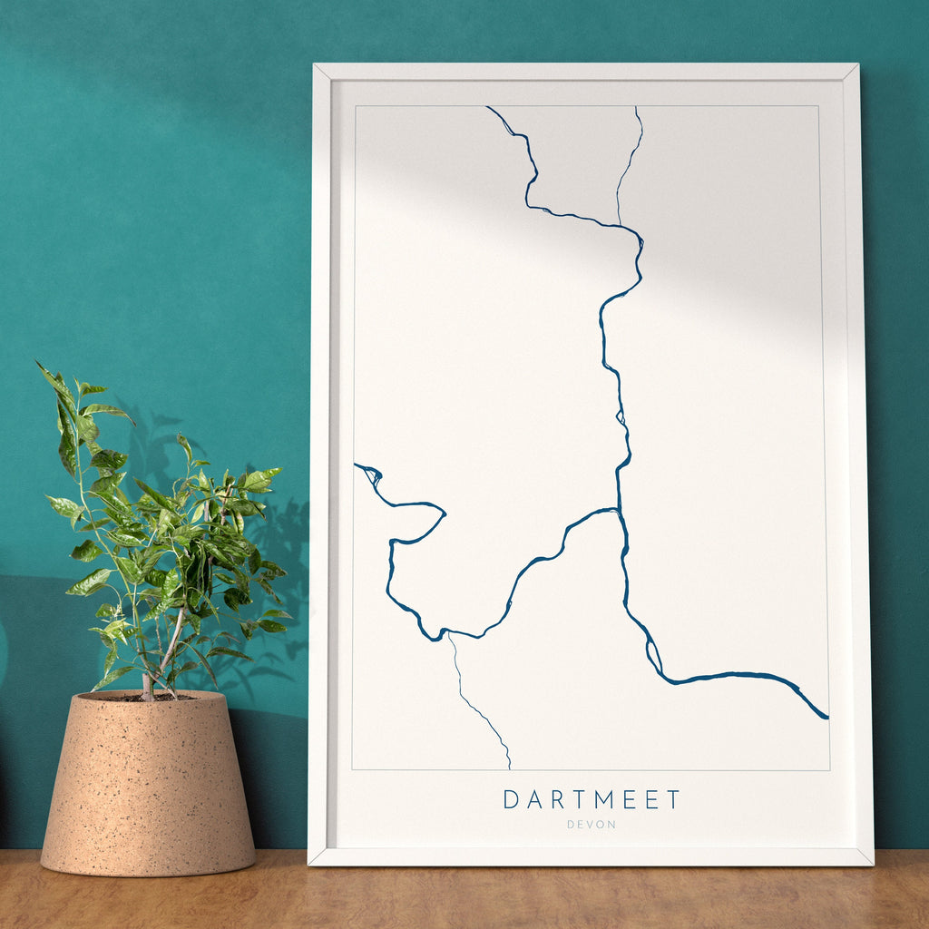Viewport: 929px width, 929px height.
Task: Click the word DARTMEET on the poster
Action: pyautogui.click(x=592, y=799)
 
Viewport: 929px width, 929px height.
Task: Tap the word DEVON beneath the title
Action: pyautogui.click(x=592, y=825)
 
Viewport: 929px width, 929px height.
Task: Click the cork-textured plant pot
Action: pyautogui.click(x=148, y=789)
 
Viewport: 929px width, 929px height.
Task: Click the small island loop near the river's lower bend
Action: pyautogui.click(x=652, y=655)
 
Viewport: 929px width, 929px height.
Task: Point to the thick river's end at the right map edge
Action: pyautogui.click(x=826, y=718)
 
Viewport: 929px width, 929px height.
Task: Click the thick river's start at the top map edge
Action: pyautogui.click(x=488, y=108)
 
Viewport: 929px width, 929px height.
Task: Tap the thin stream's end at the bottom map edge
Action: pyautogui.click(x=509, y=768)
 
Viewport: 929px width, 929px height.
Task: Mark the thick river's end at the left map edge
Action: pyautogui.click(x=356, y=465)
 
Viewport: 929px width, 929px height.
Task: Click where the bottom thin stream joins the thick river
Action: pyautogui.click(x=449, y=634)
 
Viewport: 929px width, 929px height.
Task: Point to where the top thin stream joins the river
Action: pyautogui.click(x=619, y=223)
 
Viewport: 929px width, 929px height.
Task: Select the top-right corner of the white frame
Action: pyautogui.click(x=857, y=64)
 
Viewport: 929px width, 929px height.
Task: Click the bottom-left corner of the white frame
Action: pyautogui.click(x=309, y=863)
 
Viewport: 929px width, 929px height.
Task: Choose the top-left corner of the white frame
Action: pyautogui.click(x=314, y=64)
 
